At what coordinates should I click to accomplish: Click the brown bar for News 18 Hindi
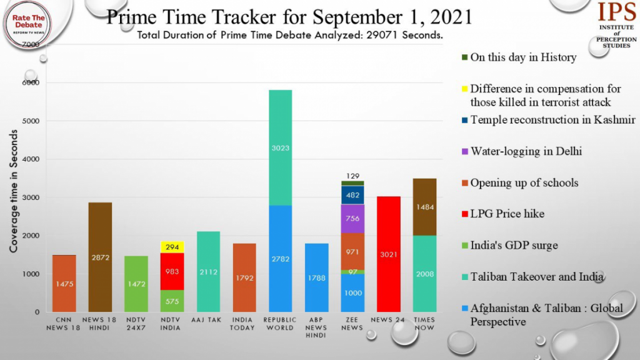(x=100, y=257)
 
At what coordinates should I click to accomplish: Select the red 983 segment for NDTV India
(x=172, y=271)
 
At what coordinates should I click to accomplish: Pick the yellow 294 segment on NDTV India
(x=172, y=247)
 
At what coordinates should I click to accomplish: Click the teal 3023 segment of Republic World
(x=280, y=147)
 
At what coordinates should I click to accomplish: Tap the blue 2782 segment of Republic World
(x=280, y=258)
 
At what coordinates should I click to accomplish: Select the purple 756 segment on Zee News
(x=353, y=218)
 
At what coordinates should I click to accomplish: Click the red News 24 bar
(x=389, y=254)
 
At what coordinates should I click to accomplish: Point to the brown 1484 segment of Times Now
(x=425, y=207)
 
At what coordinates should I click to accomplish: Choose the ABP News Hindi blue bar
(x=317, y=277)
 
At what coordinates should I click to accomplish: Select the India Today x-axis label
(x=244, y=323)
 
